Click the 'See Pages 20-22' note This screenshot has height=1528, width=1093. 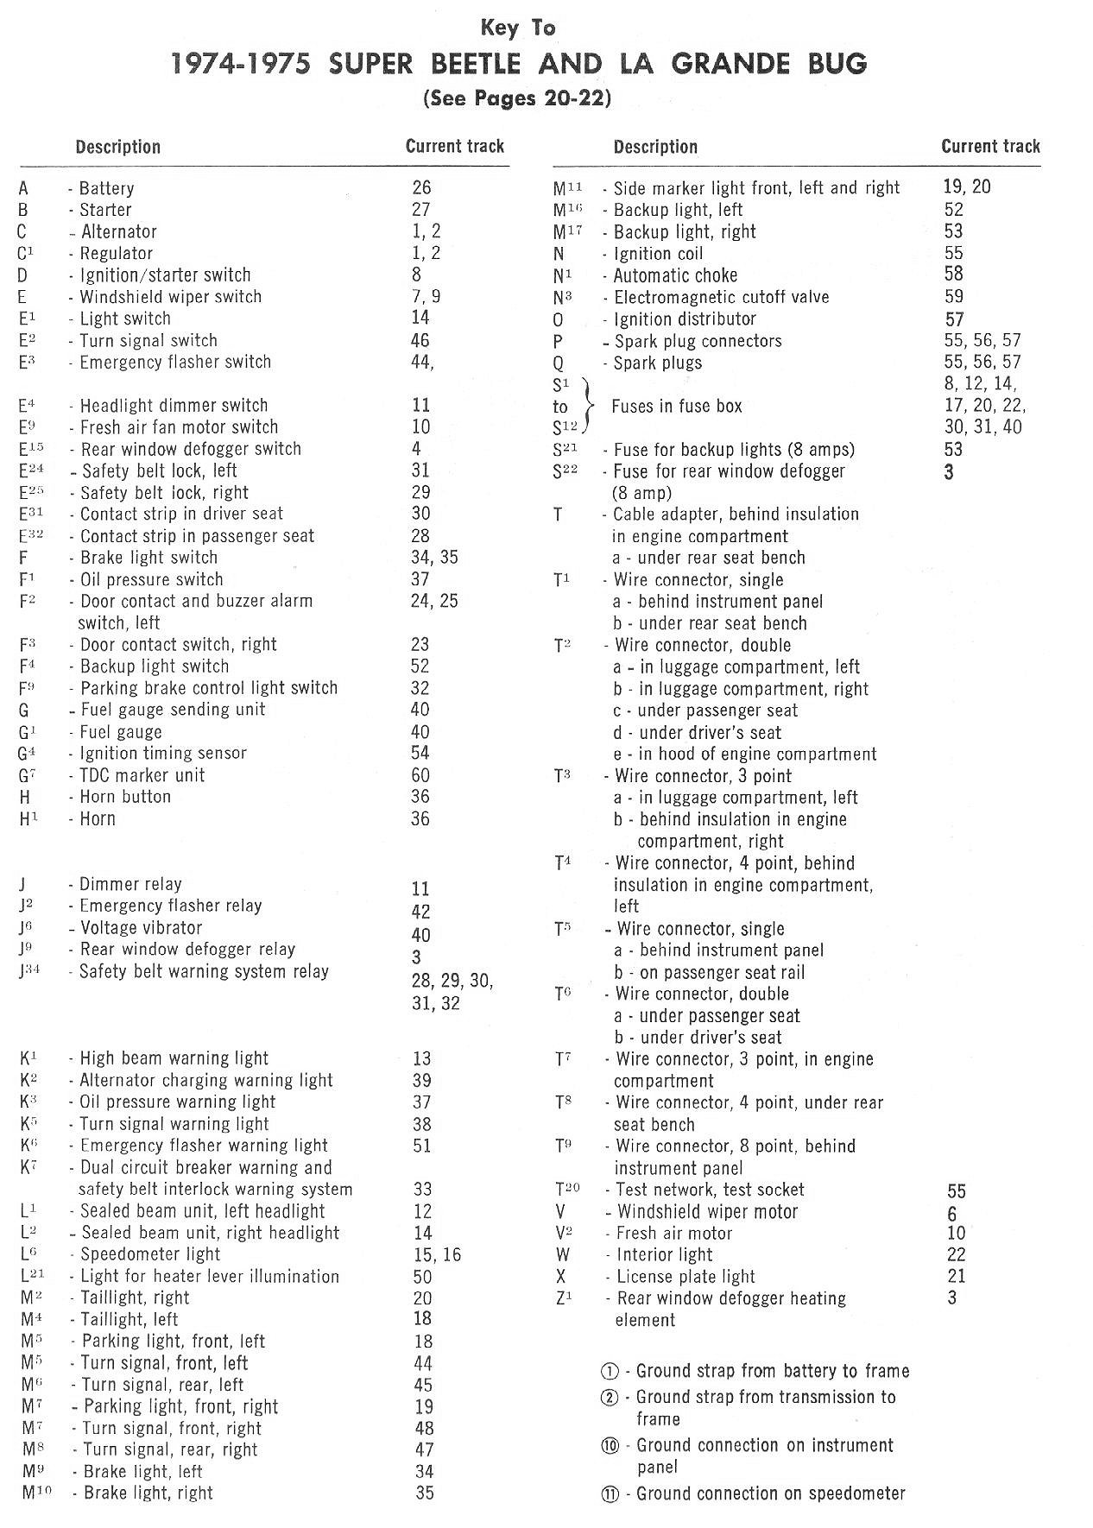(x=517, y=98)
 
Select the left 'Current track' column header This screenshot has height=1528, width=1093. (x=454, y=146)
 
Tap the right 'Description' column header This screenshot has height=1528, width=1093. (x=654, y=147)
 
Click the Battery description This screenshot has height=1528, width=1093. (x=106, y=188)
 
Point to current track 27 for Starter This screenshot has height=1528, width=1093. (x=420, y=209)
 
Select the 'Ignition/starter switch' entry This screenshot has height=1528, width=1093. (x=165, y=275)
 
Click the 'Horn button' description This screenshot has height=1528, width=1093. (x=125, y=797)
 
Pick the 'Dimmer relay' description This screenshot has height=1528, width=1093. (x=130, y=884)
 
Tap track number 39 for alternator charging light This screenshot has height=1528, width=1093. (x=421, y=1081)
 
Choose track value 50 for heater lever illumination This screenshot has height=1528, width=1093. (x=422, y=1276)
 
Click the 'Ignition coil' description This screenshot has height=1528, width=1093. (x=658, y=254)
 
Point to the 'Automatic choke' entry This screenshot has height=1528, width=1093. (x=675, y=275)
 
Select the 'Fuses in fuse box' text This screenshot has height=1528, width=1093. (x=676, y=406)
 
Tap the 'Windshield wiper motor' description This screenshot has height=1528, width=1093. (x=707, y=1212)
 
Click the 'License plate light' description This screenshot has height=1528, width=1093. (x=685, y=1277)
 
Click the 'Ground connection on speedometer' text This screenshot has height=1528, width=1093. (x=770, y=1494)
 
